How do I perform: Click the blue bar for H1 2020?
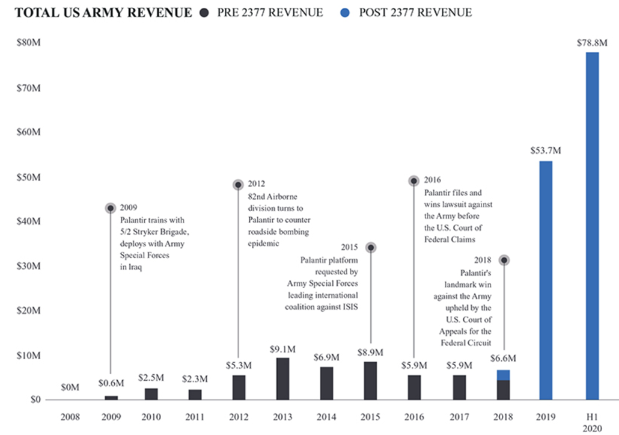pos(592,226)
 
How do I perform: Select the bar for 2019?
pos(546,280)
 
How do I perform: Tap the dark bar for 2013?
pos(282,378)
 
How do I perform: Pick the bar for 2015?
pos(371,380)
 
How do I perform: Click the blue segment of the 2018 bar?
pos(503,375)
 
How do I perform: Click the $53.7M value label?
pos(546,150)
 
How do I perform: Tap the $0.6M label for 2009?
pos(111,383)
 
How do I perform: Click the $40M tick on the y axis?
pos(28,222)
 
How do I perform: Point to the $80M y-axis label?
pos(28,43)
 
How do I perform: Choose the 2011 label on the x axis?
pos(195,416)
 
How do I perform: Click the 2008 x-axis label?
pos(70,416)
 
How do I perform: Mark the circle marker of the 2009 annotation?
pos(111,208)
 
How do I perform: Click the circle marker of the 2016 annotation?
pos(414,180)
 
